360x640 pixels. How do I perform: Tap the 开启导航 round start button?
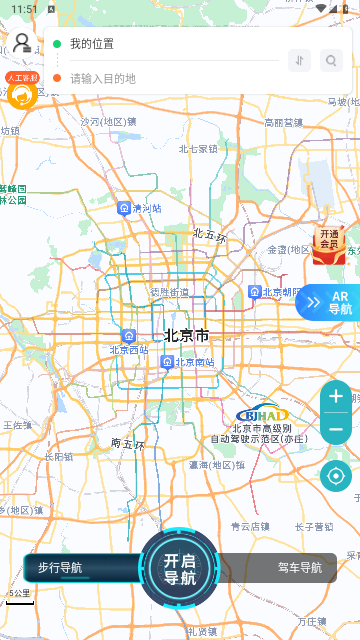pos(180,568)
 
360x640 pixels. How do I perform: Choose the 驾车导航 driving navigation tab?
pos(300,568)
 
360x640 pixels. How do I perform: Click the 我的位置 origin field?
pos(160,44)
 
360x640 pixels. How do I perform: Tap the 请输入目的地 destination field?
pos(160,78)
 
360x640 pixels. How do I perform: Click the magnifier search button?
pos(331,61)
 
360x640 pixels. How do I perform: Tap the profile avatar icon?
pos(21,42)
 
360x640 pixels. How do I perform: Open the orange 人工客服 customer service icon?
pos(22,91)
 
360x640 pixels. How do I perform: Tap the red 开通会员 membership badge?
pos(328,244)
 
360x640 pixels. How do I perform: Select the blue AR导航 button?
pos(330,302)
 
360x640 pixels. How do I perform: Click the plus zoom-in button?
pos(336,397)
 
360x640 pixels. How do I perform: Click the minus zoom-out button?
pos(336,429)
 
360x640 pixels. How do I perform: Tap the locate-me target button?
pos(336,475)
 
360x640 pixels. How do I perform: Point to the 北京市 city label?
pos(187,335)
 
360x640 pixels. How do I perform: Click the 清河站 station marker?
pos(124,208)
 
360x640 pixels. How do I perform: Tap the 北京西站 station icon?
pos(129,336)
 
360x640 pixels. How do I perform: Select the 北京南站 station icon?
pos(167,362)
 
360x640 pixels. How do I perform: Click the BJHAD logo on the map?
pos(261,415)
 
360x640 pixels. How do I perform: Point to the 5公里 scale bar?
pos(20,599)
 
